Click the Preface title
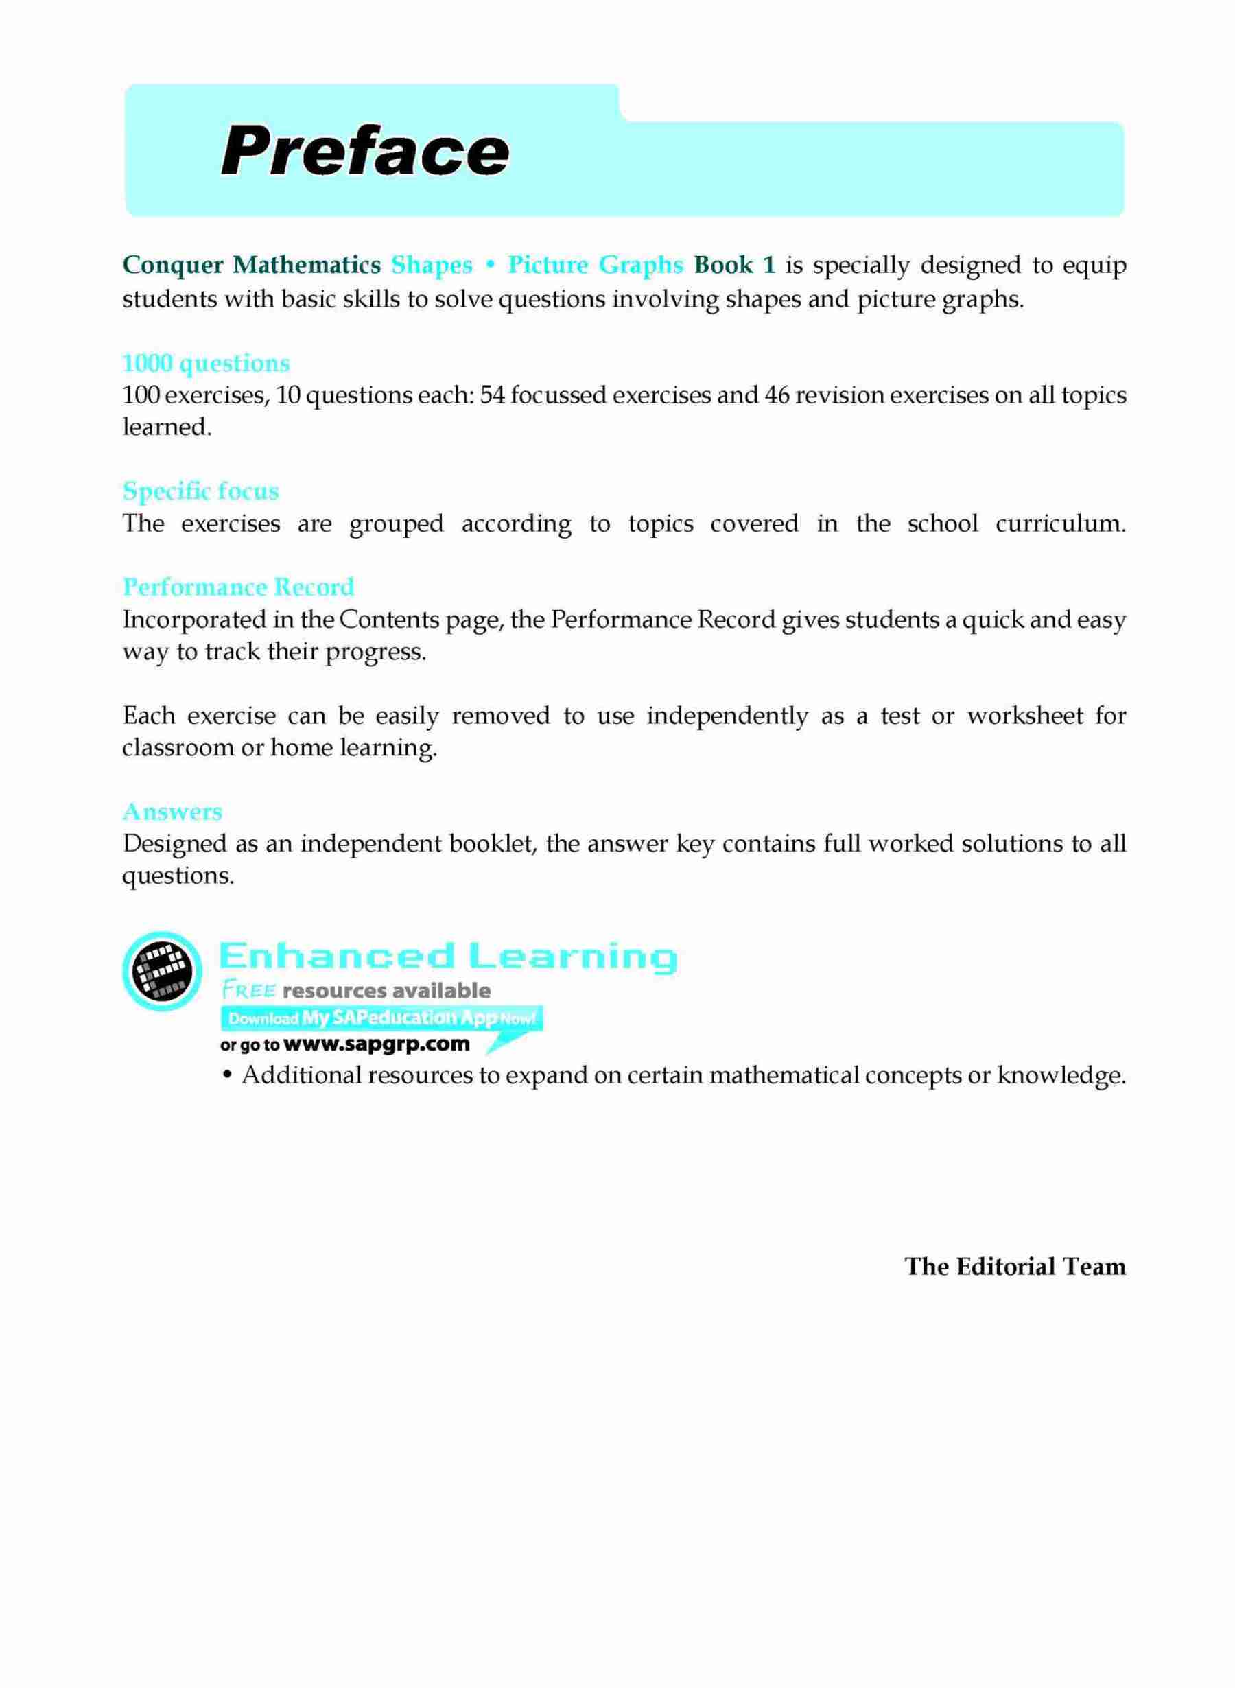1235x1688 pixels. point(365,153)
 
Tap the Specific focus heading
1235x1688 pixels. point(200,491)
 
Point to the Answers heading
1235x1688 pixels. point(172,812)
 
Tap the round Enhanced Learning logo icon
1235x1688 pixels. point(161,971)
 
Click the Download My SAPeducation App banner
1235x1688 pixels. point(381,1018)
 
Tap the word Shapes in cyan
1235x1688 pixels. point(432,266)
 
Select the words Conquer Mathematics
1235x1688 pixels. point(252,266)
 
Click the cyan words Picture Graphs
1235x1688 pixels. point(595,266)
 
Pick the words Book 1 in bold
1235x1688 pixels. point(735,266)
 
